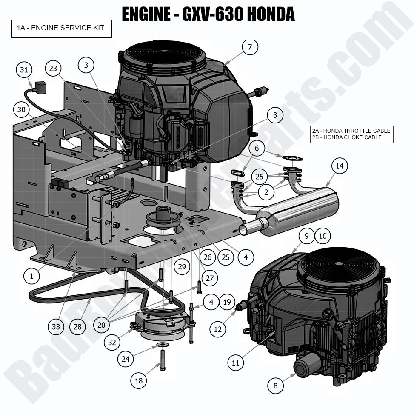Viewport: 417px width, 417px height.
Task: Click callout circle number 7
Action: point(250,47)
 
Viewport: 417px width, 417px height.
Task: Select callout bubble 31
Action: point(24,70)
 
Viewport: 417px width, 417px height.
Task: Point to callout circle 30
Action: point(20,110)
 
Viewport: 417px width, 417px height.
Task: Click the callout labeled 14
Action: point(339,166)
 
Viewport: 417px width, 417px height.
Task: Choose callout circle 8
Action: point(275,386)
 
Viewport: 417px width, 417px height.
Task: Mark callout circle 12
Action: point(217,329)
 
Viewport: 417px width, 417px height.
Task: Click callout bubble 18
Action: point(139,380)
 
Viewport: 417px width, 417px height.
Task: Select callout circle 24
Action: point(125,359)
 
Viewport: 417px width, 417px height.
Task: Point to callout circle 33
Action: point(56,327)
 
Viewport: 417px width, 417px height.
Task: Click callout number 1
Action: point(31,276)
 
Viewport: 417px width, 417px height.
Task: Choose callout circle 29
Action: point(182,267)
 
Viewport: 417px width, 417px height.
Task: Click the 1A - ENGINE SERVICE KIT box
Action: point(61,29)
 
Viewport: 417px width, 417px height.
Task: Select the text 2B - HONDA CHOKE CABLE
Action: point(346,137)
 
